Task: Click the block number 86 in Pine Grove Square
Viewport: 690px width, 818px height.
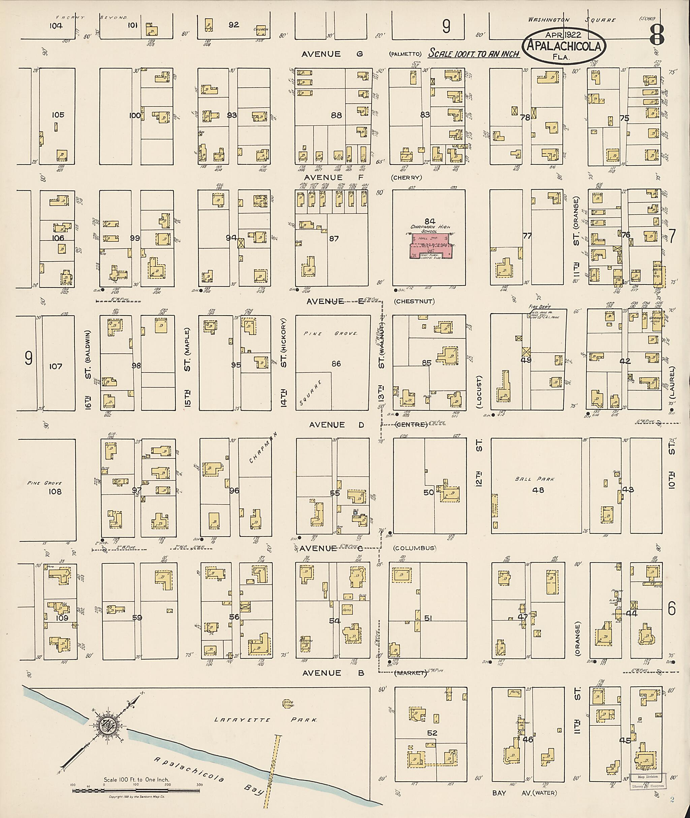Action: (x=336, y=364)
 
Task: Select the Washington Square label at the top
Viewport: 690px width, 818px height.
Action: (x=572, y=20)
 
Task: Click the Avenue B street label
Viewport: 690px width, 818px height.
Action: (x=333, y=673)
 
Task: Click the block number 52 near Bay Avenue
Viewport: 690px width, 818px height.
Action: (x=432, y=733)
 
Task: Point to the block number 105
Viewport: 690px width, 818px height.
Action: (x=58, y=115)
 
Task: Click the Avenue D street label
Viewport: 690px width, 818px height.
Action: (x=327, y=425)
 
